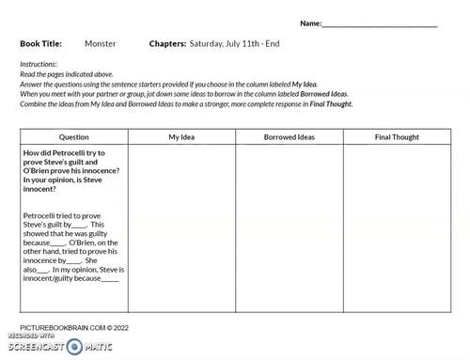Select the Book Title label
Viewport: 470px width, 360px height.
pos(40,43)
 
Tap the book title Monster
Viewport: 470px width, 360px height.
pos(100,43)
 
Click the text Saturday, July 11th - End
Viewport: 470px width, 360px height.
pos(234,43)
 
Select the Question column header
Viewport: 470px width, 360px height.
pos(73,137)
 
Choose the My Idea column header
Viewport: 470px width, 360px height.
pos(181,137)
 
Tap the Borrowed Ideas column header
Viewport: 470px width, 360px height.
pos(289,137)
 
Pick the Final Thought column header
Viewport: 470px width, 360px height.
pos(396,137)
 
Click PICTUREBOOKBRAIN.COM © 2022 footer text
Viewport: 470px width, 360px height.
pos(66,327)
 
